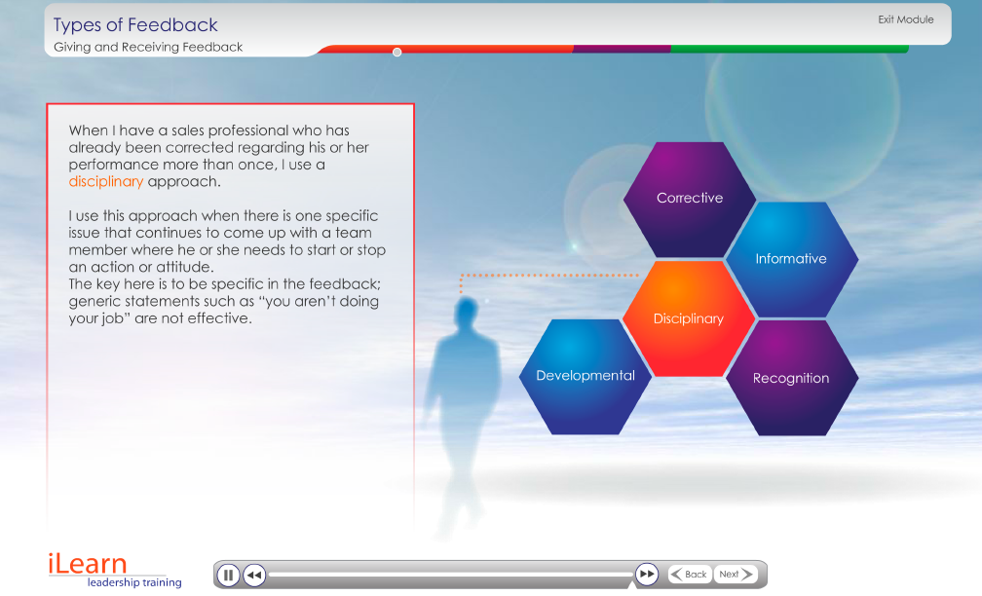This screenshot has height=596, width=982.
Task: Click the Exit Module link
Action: [x=906, y=19]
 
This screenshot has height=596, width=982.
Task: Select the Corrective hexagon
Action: [x=690, y=199]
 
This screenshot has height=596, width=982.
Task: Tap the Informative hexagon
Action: [x=792, y=259]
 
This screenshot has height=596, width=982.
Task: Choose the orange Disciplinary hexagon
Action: [x=689, y=318]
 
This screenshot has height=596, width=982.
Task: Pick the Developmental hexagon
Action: [x=585, y=376]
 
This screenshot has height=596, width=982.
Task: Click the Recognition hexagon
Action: [x=792, y=378]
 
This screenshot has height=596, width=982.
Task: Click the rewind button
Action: [x=254, y=575]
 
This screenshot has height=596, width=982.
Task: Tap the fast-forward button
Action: [x=646, y=575]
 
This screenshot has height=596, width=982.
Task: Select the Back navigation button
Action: [x=690, y=575]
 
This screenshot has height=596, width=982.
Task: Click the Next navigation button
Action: [x=736, y=575]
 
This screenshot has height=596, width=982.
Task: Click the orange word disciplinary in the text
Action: [x=106, y=181]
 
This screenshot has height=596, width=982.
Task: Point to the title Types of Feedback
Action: [x=135, y=25]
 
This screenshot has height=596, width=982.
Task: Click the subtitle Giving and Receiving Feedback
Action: [x=148, y=47]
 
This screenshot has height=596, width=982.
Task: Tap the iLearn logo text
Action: [x=88, y=564]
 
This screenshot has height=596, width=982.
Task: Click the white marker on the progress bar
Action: [x=397, y=52]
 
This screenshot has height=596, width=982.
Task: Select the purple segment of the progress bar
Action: [x=622, y=49]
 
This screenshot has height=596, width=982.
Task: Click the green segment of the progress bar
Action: [x=790, y=49]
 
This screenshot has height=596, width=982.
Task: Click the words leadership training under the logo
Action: [x=134, y=582]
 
